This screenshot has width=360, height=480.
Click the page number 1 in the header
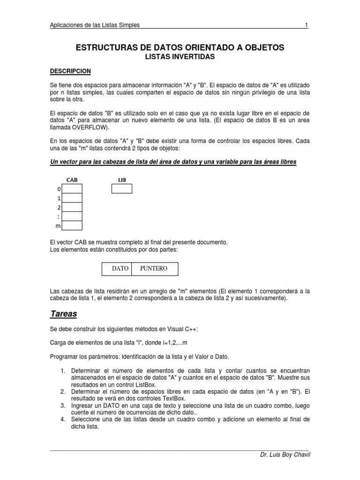tap(306, 25)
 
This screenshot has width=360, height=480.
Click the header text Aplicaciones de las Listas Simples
tap(94, 25)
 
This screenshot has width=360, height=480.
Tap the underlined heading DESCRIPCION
tap(70, 71)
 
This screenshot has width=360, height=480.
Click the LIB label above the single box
tap(122, 179)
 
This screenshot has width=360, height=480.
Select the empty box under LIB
tap(122, 188)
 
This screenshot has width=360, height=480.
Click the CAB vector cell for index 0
tap(72, 188)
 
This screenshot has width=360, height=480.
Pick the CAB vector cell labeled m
tap(72, 226)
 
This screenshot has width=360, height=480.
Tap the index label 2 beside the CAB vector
tap(59, 207)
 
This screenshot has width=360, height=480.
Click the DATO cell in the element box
tap(120, 269)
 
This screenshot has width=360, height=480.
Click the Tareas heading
tap(63, 313)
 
